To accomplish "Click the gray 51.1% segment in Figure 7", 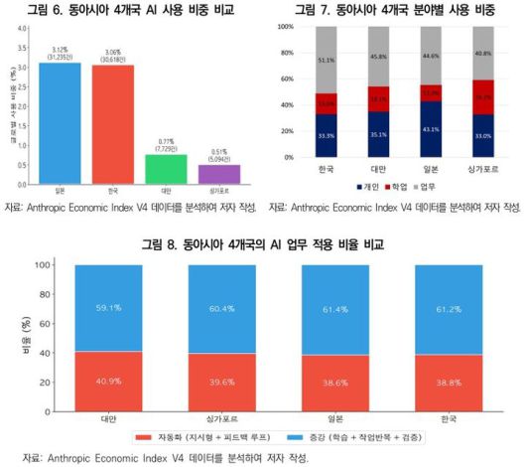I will pyautogui.click(x=324, y=60).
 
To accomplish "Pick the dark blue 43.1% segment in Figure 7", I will pyautogui.click(x=430, y=130).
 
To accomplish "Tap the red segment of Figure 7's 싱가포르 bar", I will pyautogui.click(x=483, y=97).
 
